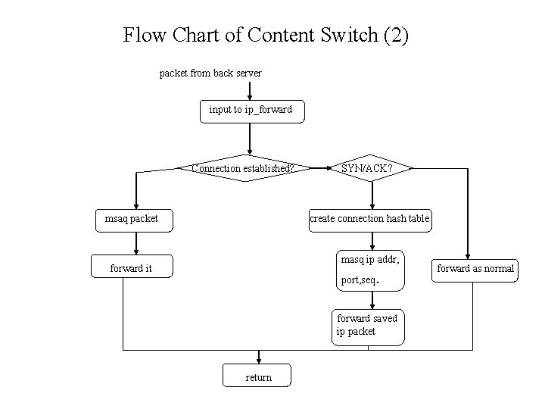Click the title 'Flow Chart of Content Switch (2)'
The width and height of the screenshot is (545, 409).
coord(266,36)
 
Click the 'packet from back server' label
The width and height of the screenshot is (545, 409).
coord(210,73)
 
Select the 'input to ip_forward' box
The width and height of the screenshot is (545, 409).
coord(250,111)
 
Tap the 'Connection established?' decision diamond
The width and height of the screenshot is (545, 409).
coord(243,168)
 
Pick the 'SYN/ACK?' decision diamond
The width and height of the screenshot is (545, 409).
coord(366,168)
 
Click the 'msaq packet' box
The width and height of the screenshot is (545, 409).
coord(132,220)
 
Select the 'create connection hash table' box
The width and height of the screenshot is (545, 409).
coord(369,220)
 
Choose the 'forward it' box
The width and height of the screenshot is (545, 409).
coord(131,268)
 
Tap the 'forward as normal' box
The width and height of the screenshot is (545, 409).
coord(475,268)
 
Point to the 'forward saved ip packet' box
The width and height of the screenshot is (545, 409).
coord(367,326)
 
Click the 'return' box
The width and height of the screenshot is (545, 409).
coord(258,376)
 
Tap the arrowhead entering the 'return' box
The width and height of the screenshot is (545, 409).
coord(259,359)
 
